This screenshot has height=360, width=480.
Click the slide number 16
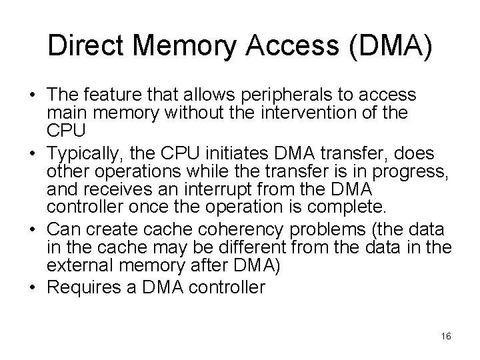tap(446, 336)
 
